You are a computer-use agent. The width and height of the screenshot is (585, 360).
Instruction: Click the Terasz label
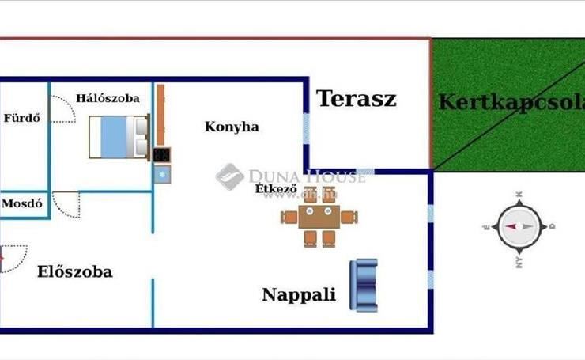pos(356,99)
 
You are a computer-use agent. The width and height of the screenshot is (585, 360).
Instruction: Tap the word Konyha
pos(232,127)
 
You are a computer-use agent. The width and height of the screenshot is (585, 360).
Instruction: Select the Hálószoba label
pos(108,99)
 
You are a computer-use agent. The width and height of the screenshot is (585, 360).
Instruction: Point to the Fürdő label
pos(21,119)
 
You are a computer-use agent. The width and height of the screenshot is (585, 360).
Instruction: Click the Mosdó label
pos(21,203)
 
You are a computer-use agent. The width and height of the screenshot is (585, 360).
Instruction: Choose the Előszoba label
pos(74,272)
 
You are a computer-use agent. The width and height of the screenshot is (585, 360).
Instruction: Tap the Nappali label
pos(299,295)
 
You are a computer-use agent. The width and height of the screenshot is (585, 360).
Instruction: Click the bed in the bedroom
pos(119,136)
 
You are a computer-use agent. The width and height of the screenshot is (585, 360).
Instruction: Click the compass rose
pos(519,226)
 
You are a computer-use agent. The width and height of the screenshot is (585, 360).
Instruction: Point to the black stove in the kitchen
pos(162,154)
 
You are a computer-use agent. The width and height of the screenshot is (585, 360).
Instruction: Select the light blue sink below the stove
pos(162,174)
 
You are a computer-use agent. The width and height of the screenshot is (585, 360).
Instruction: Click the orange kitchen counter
pos(160,115)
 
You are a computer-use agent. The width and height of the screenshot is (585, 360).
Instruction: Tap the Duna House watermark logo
pos(229,176)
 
